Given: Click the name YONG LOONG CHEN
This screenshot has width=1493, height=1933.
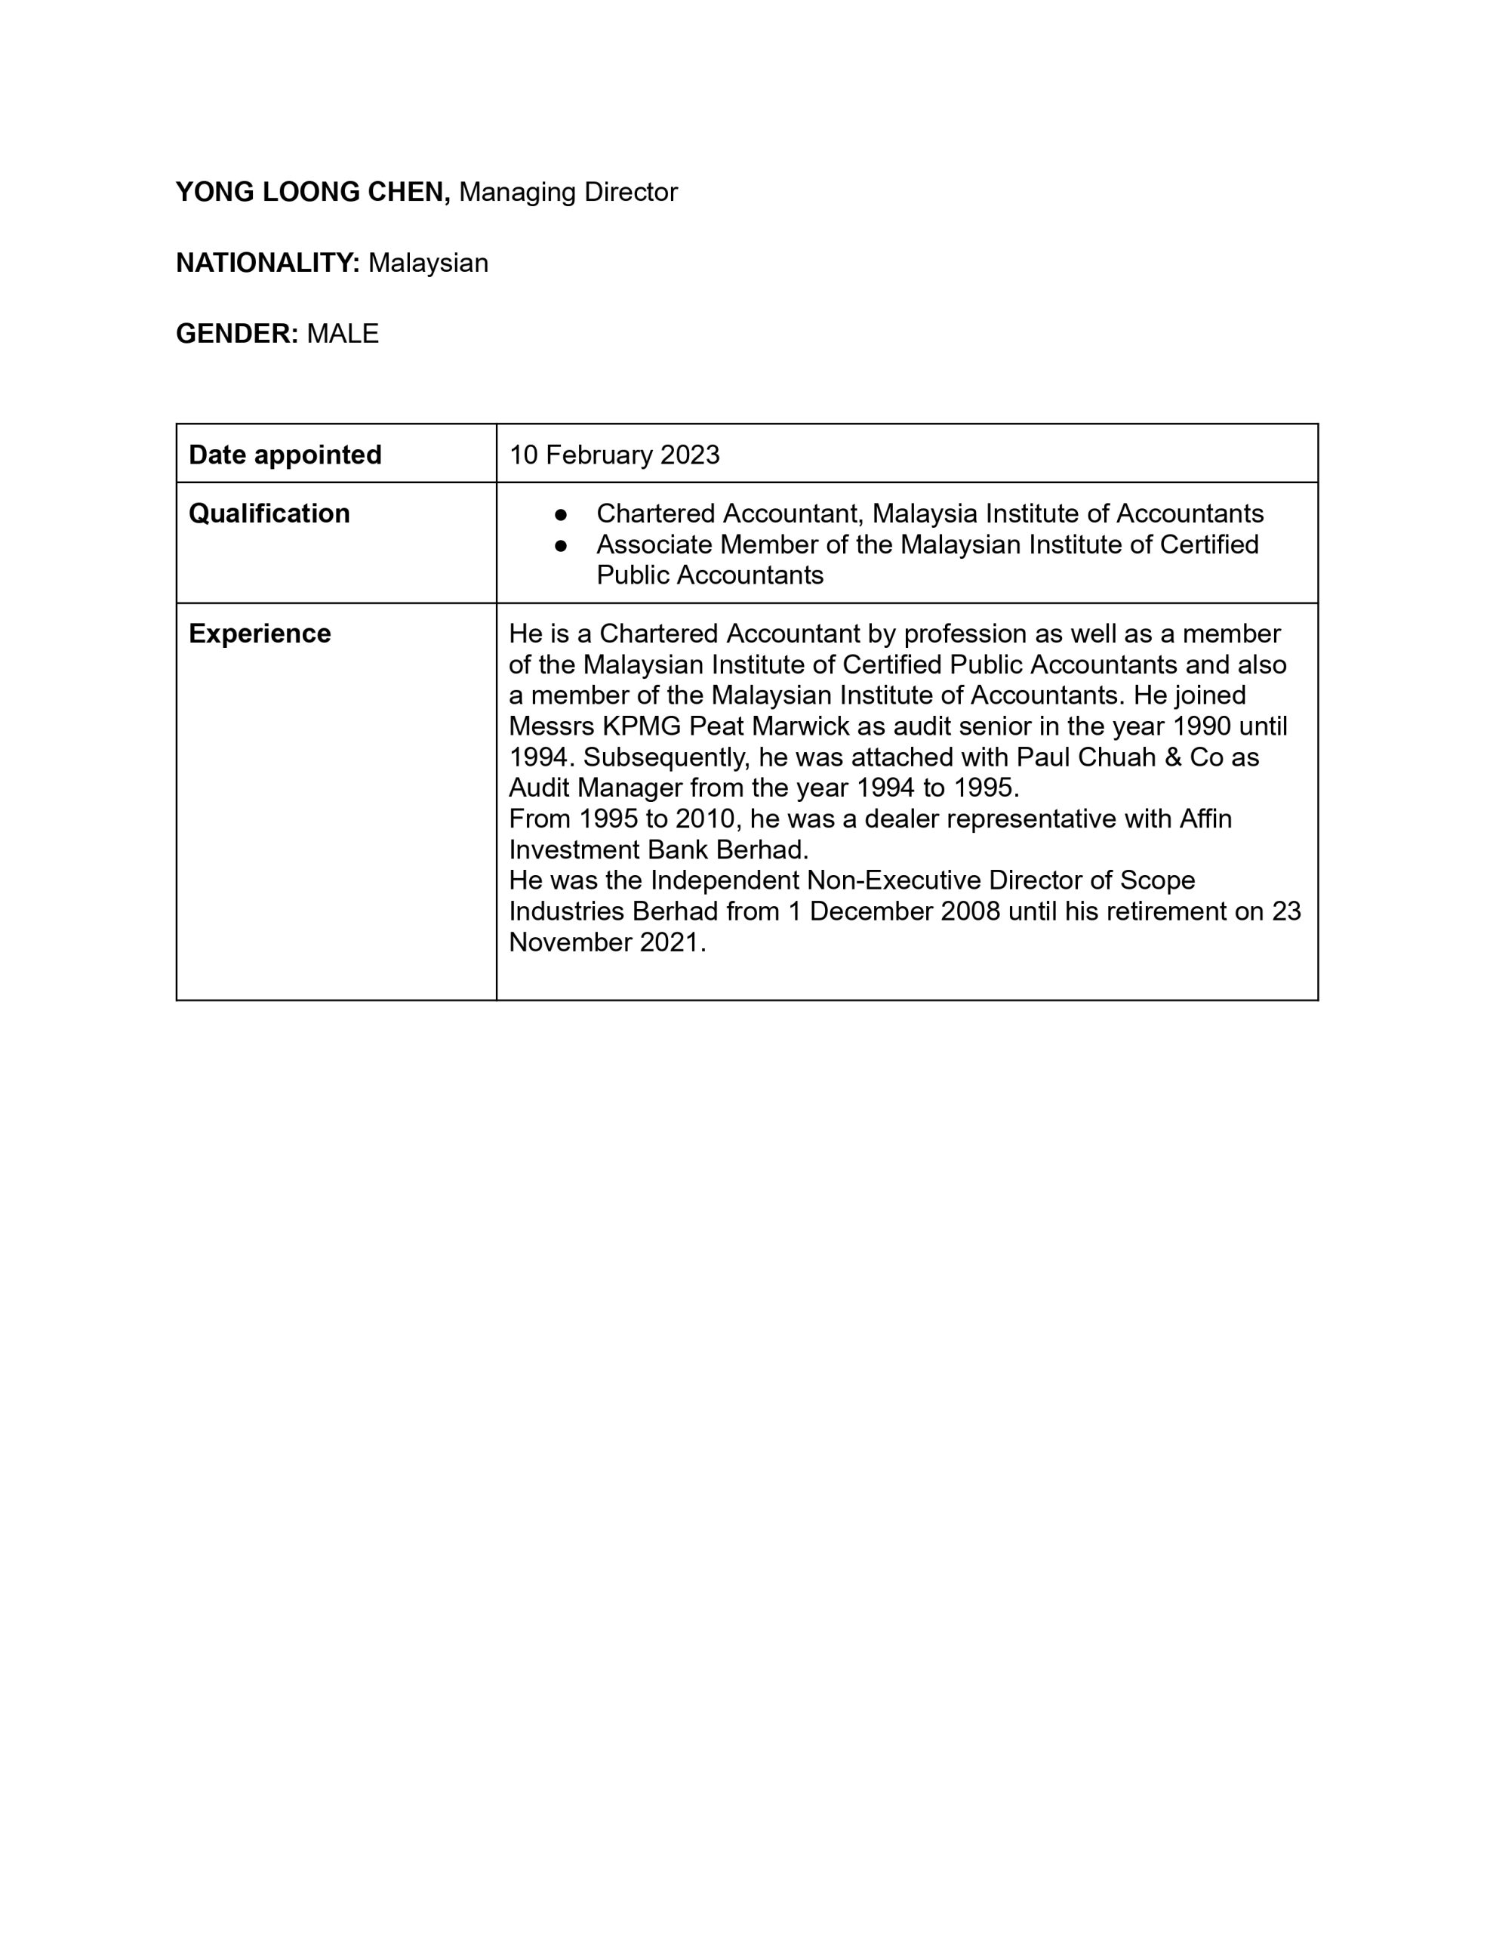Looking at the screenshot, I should [312, 192].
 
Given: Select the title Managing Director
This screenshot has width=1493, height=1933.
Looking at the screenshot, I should [568, 192].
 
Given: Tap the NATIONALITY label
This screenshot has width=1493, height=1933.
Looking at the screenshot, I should [267, 263].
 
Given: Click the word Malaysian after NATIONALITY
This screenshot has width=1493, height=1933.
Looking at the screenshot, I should [428, 263].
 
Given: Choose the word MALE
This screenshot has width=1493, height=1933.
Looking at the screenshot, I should [343, 334].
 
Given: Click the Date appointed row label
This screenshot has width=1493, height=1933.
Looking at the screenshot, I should [285, 455].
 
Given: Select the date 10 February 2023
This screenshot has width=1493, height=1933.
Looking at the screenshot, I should [614, 455].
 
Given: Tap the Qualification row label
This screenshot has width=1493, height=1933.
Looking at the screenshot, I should [269, 513].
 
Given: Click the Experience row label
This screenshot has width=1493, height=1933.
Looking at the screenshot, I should [260, 634].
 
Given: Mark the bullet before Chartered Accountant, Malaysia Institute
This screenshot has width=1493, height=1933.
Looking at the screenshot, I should [560, 514].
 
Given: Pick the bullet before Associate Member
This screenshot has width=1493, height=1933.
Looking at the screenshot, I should [560, 545].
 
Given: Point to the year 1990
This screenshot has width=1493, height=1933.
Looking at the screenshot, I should [1201, 726].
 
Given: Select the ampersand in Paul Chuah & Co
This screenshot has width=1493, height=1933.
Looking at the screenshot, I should [1174, 757].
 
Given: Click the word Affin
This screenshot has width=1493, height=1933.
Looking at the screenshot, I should [1205, 819].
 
